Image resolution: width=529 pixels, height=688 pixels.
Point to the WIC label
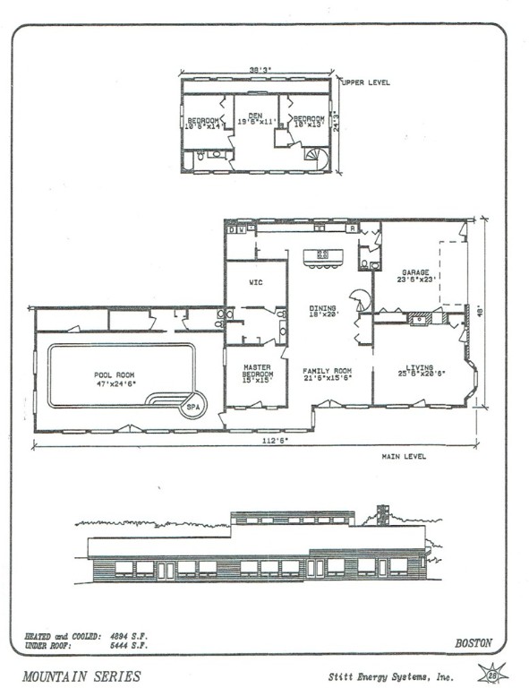click(254, 282)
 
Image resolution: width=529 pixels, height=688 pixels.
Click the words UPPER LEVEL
click(365, 82)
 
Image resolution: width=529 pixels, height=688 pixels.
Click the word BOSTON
click(474, 642)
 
